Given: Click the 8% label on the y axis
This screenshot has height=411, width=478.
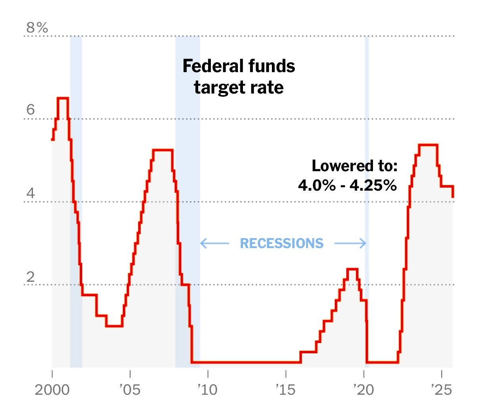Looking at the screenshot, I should coord(37,28).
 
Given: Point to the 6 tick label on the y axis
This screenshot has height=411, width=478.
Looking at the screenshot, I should coord(31,110).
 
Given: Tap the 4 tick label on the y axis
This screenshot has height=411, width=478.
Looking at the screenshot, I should coord(31,194).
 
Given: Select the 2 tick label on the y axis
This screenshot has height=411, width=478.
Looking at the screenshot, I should coord(31,277).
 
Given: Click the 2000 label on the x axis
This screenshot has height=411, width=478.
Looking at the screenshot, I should coord(52,390).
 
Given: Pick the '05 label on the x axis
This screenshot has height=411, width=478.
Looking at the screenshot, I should coord(130,390).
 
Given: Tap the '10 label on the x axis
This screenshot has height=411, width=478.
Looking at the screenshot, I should coord(207,390).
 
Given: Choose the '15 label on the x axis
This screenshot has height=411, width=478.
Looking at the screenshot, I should coord(285,390).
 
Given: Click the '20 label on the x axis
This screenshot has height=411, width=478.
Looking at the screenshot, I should coord(363,390).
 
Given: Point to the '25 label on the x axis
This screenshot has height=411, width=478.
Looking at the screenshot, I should coord(441,390).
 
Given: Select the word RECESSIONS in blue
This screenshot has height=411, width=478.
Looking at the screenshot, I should coord(282,243).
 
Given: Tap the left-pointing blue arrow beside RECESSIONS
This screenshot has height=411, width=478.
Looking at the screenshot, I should coord(214,243).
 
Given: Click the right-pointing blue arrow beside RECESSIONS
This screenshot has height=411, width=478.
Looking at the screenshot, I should coord(350,243).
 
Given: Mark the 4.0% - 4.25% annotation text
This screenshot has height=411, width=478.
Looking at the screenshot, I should coord(347,185).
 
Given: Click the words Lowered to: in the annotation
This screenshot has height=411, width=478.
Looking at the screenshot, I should coord(354,166).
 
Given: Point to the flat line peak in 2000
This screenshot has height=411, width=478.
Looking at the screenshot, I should coord(63,98).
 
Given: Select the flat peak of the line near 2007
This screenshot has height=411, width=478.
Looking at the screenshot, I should coord(163,150).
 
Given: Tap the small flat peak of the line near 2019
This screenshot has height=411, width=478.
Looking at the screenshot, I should coord(352,270).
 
